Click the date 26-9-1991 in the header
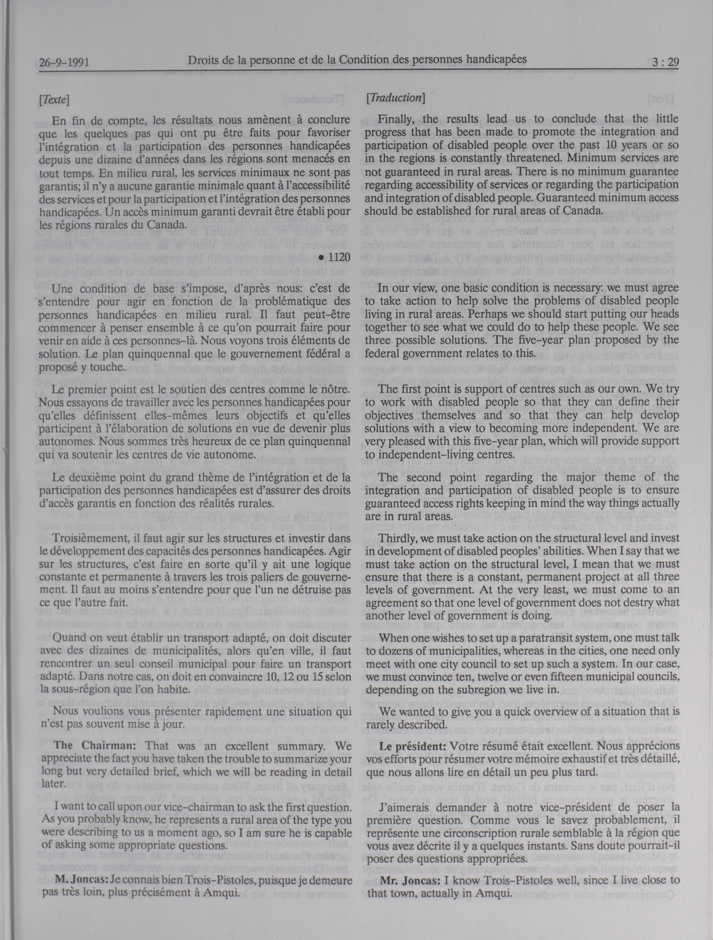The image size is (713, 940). click(x=64, y=63)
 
